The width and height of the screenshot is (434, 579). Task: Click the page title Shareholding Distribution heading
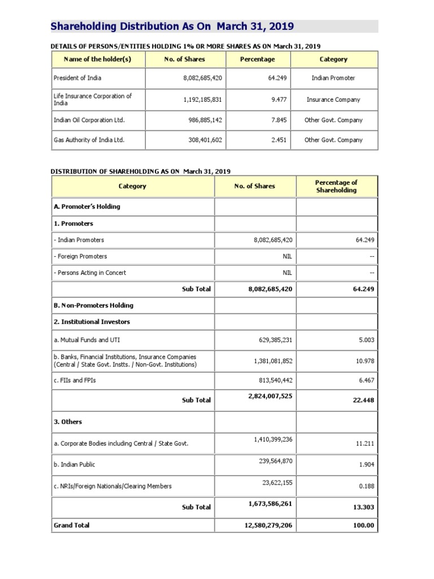click(x=172, y=27)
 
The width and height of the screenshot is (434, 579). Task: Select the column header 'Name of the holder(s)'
click(x=98, y=59)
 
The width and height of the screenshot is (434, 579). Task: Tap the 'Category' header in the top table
click(x=333, y=59)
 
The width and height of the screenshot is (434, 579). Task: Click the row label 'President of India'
click(x=77, y=78)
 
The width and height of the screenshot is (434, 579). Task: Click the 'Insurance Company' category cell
click(x=333, y=100)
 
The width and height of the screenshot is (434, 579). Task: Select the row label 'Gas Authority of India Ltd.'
click(x=89, y=140)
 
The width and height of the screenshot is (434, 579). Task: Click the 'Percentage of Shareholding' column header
click(x=336, y=186)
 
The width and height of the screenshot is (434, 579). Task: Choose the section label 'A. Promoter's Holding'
click(x=87, y=206)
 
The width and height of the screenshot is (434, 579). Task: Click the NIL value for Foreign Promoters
click(x=287, y=256)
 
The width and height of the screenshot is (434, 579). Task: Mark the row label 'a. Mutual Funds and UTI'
click(x=86, y=340)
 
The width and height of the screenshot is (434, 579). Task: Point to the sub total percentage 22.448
click(x=363, y=400)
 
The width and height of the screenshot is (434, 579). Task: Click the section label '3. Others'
click(x=68, y=422)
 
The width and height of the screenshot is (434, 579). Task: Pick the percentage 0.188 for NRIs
click(x=366, y=486)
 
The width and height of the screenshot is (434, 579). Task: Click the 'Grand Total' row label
click(x=71, y=525)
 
